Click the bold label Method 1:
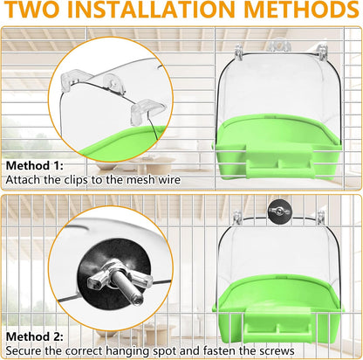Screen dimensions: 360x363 pos(32,164)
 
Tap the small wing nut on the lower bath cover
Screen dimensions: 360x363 pos(279,234)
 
